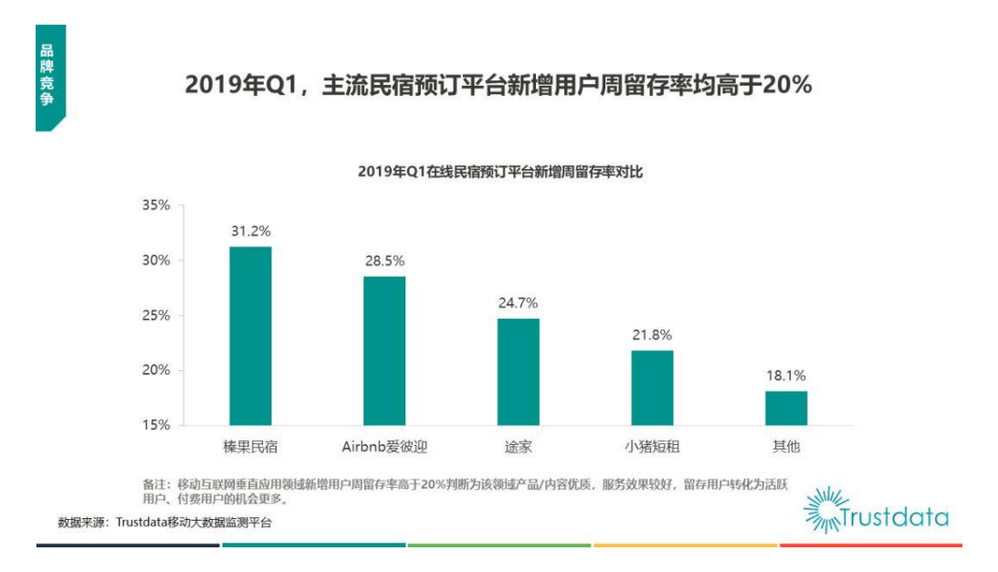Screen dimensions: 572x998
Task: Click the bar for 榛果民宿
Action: [x=250, y=335]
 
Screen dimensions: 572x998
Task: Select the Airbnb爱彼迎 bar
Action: [x=384, y=350]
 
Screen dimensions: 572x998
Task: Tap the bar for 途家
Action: [x=518, y=371]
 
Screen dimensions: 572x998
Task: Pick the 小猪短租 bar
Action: [x=652, y=387]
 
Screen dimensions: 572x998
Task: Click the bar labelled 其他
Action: [x=786, y=408]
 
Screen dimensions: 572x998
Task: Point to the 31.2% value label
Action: [x=250, y=230]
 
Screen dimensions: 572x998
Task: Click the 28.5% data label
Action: [x=384, y=260]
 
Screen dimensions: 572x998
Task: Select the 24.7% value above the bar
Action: [x=518, y=302]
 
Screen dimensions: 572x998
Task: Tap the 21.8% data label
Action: [x=652, y=334]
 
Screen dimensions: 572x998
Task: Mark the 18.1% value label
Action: [x=786, y=376]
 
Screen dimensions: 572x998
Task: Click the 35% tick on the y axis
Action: [x=155, y=206]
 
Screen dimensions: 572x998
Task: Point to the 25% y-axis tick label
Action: [x=155, y=315]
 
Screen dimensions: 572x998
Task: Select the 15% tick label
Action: [x=155, y=425]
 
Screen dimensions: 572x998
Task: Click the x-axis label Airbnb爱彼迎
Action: [x=384, y=448]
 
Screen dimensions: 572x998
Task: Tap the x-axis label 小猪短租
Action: [x=652, y=448]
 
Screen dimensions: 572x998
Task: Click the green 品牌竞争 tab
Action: [x=47, y=78]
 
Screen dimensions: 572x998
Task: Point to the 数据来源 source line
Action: [x=164, y=523]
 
